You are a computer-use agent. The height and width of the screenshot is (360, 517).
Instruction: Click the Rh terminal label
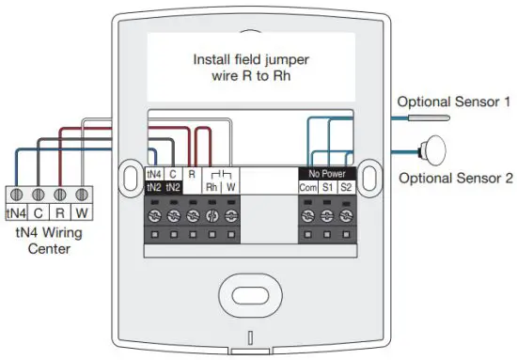click(211, 187)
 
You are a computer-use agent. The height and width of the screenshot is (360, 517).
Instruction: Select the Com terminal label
click(308, 187)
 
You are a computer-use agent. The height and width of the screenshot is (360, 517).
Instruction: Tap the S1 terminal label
click(327, 187)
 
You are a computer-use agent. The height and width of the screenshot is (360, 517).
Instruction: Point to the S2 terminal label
click(346, 187)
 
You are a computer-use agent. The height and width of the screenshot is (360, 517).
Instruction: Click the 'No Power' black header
click(326, 173)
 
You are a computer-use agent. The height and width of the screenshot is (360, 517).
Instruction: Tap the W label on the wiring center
click(81, 212)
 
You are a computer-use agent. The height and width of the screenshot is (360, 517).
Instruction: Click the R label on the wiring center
click(60, 212)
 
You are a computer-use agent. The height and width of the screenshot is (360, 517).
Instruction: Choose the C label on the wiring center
click(39, 212)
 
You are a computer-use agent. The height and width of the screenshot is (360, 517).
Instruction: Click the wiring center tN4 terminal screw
click(17, 195)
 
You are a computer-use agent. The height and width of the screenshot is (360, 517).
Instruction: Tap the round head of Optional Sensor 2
click(435, 149)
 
